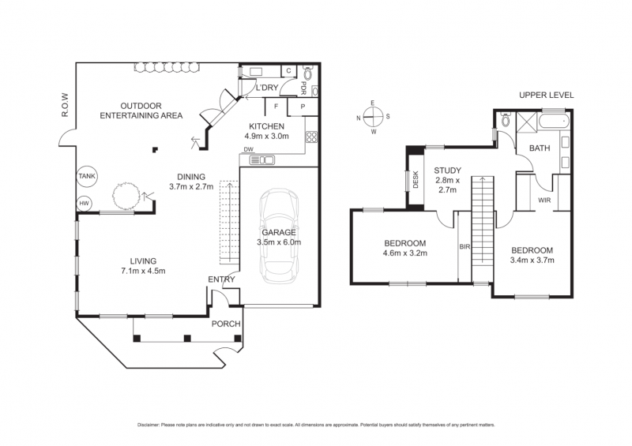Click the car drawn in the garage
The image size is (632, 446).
pyautogui.click(x=280, y=236)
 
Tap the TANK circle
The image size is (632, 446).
pyautogui.click(x=87, y=177)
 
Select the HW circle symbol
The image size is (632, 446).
pyautogui.click(x=84, y=204)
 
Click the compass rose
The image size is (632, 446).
pyautogui.click(x=373, y=117)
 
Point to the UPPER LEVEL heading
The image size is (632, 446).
pyautogui.click(x=546, y=95)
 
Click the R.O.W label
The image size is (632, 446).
pyautogui.click(x=65, y=106)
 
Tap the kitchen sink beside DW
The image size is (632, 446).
pyautogui.click(x=262, y=160)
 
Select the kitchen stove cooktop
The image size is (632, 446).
pyautogui.click(x=311, y=137)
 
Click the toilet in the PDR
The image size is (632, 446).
pyautogui.click(x=308, y=73)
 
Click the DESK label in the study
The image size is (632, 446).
pyautogui.click(x=416, y=180)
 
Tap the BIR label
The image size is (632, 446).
pyautogui.click(x=465, y=246)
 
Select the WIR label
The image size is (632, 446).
pyautogui.click(x=544, y=200)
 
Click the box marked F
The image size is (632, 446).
pyautogui.click(x=276, y=107)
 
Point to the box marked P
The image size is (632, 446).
pyautogui.click(x=303, y=107)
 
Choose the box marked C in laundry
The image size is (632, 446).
pyautogui.click(x=288, y=71)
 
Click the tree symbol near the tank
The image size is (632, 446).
pyautogui.click(x=126, y=197)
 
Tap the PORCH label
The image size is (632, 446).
pyautogui.click(x=226, y=324)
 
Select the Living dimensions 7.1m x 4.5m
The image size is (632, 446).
pyautogui.click(x=143, y=271)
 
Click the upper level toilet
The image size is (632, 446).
pyautogui.click(x=506, y=120)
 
